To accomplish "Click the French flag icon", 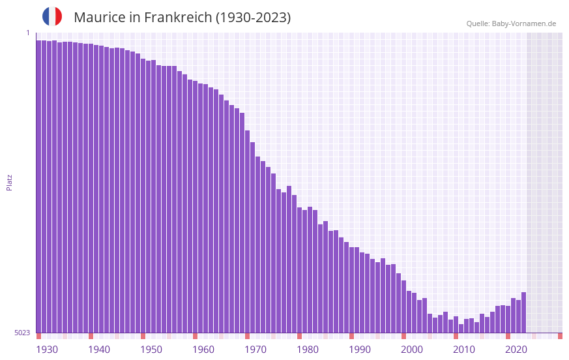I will [x=52, y=16].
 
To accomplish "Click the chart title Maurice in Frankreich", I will [x=182, y=18].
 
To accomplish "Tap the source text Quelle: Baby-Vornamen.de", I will [x=511, y=23].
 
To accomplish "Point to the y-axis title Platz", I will [x=9, y=182].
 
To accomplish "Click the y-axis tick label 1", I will [x=27, y=33].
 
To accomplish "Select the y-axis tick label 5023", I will [x=22, y=333].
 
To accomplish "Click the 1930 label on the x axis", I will [x=47, y=350].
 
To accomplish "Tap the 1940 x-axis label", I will [x=99, y=350].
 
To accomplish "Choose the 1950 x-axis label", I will [x=151, y=350].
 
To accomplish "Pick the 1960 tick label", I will [x=203, y=350].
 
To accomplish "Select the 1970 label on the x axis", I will [x=255, y=350].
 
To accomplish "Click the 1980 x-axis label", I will [x=308, y=350].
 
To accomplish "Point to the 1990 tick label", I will [x=360, y=350].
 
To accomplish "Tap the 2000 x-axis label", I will [x=412, y=350].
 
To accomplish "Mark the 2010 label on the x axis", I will [x=464, y=350].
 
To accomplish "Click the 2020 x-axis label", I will [x=516, y=350].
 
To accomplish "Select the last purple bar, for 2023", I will [x=523, y=313].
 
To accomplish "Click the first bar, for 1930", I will [x=38, y=187].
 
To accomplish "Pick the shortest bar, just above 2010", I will [x=461, y=329].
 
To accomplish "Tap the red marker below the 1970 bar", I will [x=247, y=336].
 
